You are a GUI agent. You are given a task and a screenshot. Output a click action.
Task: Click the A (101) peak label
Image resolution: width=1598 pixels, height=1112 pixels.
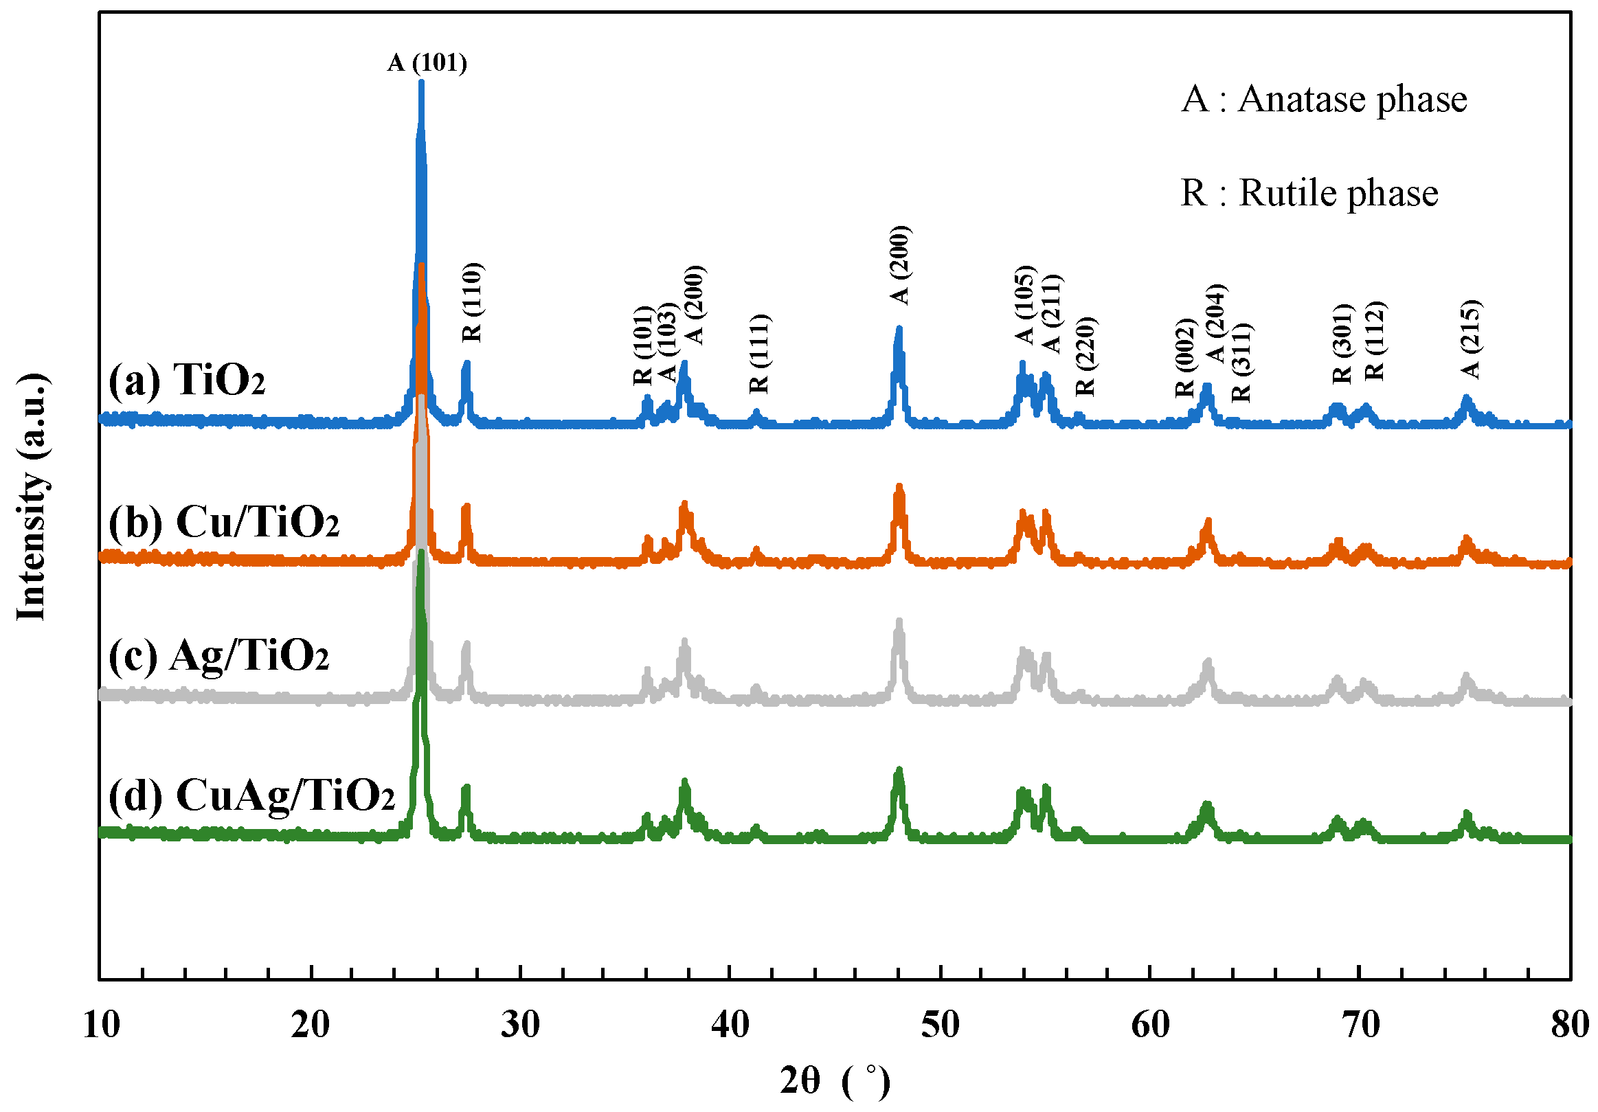(x=427, y=63)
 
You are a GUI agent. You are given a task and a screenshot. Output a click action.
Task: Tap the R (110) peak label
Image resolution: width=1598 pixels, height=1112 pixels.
(x=473, y=303)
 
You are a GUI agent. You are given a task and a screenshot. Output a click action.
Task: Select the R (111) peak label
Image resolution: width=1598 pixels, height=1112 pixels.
(x=759, y=354)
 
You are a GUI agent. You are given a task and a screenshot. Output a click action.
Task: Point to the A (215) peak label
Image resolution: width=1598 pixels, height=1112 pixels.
(x=1471, y=339)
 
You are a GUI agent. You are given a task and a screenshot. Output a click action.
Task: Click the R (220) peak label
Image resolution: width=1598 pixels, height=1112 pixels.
(x=1085, y=356)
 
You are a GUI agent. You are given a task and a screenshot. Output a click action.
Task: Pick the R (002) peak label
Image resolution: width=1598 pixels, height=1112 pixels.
(x=1185, y=359)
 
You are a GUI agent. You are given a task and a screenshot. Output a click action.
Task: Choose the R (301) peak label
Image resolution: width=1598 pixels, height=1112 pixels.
(x=1342, y=345)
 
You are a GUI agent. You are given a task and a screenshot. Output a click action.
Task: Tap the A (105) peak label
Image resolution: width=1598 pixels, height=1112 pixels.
(x=1025, y=305)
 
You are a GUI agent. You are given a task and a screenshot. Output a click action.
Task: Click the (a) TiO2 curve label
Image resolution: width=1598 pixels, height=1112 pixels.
(x=187, y=380)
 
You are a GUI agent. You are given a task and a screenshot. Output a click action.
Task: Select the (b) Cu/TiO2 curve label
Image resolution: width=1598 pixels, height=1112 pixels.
(x=223, y=522)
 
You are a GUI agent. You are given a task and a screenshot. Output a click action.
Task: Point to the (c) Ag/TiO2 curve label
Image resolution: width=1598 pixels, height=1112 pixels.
(x=218, y=656)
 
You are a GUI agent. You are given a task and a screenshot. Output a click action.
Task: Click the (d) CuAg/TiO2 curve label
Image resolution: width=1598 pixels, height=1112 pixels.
(x=251, y=795)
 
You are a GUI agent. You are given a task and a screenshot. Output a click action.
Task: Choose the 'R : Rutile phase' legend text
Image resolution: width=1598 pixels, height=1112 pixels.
(x=1309, y=193)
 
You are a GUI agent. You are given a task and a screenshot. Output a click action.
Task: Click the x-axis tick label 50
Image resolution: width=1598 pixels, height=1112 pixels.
(x=941, y=1025)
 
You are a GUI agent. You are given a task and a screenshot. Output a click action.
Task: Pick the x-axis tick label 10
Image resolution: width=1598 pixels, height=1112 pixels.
(x=102, y=1025)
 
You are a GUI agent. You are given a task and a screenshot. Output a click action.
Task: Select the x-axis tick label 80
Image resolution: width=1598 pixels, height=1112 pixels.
(x=1570, y=1025)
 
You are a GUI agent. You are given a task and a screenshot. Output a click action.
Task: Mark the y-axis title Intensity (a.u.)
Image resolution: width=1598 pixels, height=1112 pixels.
(x=32, y=496)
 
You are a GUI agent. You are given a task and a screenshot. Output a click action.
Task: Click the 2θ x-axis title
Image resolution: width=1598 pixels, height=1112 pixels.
(x=834, y=1081)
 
